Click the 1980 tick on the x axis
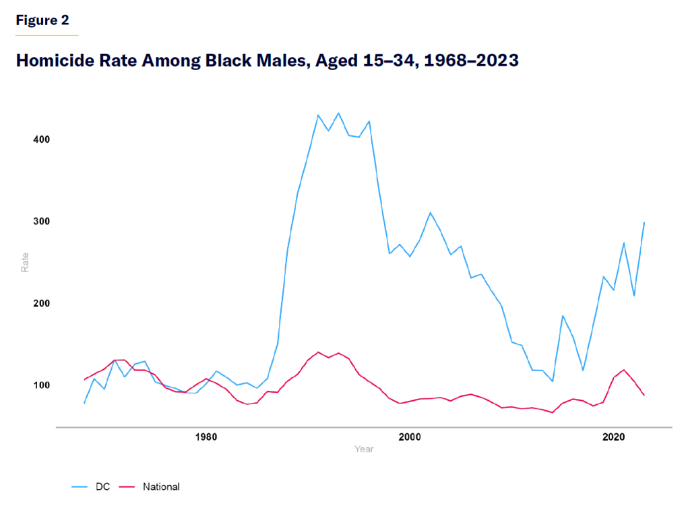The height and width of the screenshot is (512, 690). [206, 437]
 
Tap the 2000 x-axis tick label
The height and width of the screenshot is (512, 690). [410, 437]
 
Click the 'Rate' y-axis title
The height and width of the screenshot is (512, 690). [25, 261]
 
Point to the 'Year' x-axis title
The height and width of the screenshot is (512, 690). [364, 449]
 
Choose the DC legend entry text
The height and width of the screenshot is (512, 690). [103, 486]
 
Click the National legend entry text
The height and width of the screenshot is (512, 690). [161, 486]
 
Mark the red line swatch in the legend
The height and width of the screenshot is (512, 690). [127, 486]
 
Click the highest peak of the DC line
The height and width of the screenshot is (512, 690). [338, 113]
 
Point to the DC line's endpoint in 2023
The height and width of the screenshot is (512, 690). [644, 222]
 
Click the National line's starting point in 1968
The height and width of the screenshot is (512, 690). [84, 379]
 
